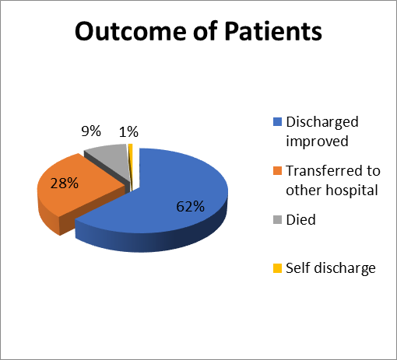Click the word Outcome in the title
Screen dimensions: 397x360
coord(131,31)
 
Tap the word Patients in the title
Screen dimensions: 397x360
coord(273,31)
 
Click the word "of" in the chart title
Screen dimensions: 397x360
coord(205,30)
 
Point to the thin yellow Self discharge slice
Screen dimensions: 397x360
coord(131,166)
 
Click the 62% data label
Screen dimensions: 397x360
coord(191,207)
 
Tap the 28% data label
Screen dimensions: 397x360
coord(65,183)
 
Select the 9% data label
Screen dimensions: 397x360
coord(91,131)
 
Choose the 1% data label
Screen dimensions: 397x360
coord(128,132)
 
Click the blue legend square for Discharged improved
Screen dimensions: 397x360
coord(277,122)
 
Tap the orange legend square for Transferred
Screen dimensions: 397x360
coord(277,171)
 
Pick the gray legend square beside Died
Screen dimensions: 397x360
coord(277,219)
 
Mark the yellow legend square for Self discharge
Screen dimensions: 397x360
coord(277,268)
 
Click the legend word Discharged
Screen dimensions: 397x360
coord(322,122)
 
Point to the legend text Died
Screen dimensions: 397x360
coord(300,219)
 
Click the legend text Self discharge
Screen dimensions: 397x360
coord(331,268)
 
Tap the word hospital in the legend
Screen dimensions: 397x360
coord(352,190)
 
